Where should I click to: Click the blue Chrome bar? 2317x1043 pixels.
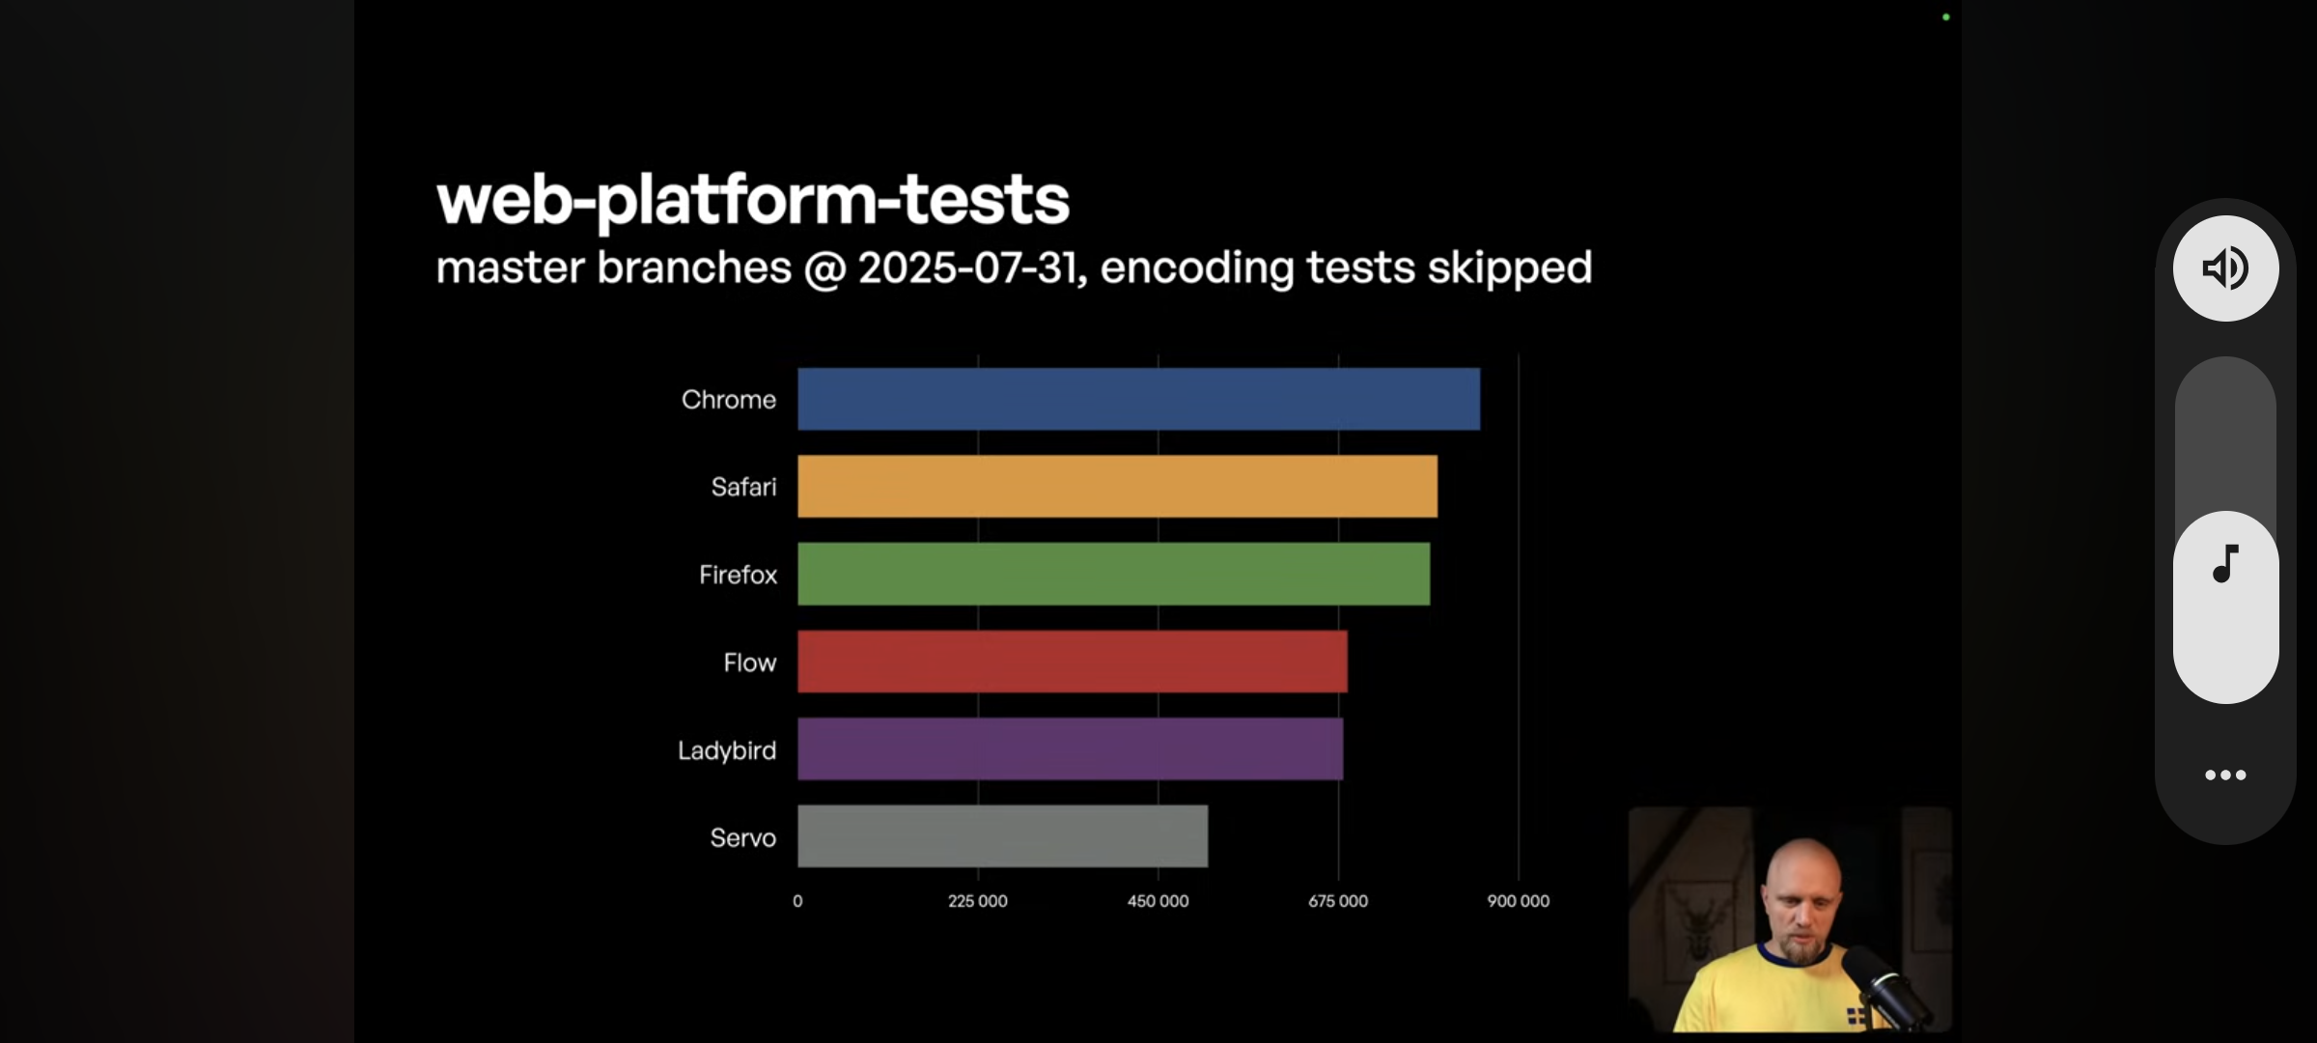(x=1138, y=399)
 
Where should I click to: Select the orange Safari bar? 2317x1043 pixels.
(x=1117, y=486)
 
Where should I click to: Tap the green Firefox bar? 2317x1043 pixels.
(x=1113, y=574)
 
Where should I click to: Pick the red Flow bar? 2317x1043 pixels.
(x=1073, y=662)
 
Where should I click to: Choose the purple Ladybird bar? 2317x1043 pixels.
(x=1070, y=748)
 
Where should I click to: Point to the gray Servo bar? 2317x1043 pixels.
(x=1002, y=836)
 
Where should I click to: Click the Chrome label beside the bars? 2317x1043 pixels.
(x=729, y=400)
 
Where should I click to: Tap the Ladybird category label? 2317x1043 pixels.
(x=727, y=751)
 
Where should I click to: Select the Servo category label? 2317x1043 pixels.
(x=743, y=838)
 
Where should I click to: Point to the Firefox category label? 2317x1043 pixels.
(x=739, y=576)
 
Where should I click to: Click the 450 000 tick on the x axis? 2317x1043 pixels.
(x=1158, y=901)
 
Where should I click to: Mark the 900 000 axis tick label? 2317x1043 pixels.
(x=1519, y=901)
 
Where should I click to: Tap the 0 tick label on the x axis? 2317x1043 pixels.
(x=797, y=901)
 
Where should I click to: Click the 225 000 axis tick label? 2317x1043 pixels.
(x=978, y=901)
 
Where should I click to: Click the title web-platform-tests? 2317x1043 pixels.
(x=753, y=200)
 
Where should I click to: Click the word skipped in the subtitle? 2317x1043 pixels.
(x=1510, y=268)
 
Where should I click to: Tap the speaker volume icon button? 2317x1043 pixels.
(x=2225, y=268)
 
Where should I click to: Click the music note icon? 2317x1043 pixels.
(x=2225, y=564)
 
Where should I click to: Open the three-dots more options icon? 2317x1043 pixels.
(x=2225, y=775)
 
